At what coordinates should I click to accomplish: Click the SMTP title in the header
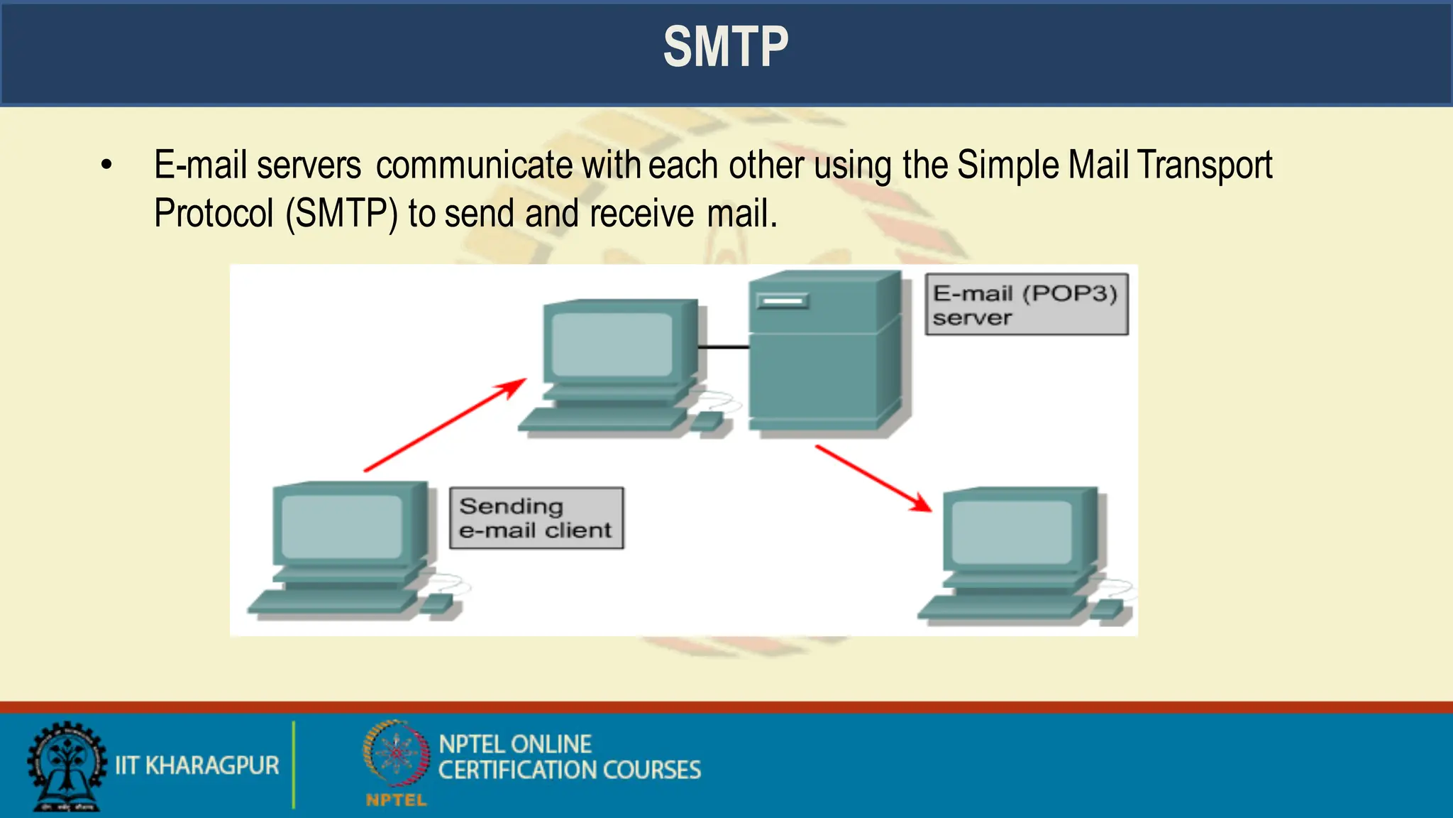click(725, 48)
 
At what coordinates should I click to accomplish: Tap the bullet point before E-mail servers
click(106, 165)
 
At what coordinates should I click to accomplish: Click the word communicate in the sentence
click(473, 165)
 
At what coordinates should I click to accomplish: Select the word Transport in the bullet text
click(1205, 165)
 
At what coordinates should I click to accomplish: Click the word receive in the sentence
click(641, 214)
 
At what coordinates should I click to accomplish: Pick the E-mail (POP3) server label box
click(1026, 305)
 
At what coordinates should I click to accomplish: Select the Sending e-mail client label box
click(536, 518)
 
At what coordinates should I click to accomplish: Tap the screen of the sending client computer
click(341, 526)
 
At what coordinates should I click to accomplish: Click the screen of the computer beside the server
click(612, 344)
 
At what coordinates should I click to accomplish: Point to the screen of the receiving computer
click(1011, 532)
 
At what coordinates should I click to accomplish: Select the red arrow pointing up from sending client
click(445, 425)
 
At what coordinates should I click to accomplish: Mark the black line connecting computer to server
click(723, 347)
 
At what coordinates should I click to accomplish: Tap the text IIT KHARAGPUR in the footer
click(197, 765)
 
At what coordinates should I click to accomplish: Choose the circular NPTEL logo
click(396, 754)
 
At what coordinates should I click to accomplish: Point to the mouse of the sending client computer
click(437, 604)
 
